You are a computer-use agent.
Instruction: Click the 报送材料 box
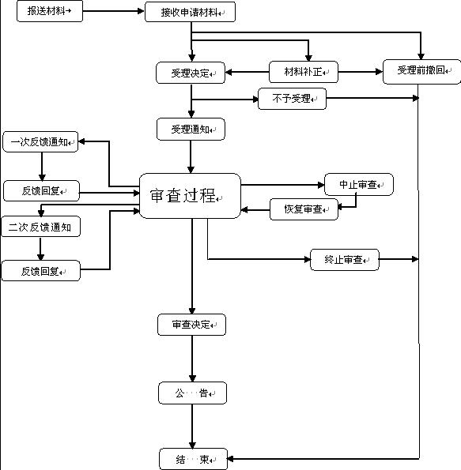tap(49, 12)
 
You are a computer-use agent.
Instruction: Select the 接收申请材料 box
tap(190, 13)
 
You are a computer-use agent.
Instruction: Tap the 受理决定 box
tap(191, 73)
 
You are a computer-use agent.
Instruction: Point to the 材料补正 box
tap(304, 73)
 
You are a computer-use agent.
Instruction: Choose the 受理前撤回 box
tap(421, 71)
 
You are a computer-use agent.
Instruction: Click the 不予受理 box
tap(292, 99)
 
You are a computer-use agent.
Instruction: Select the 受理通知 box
tap(191, 129)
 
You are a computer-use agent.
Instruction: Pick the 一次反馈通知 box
tap(40, 142)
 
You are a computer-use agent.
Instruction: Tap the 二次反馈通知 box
tap(40, 227)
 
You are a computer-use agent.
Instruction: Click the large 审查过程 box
tap(190, 196)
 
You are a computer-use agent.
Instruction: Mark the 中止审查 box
tap(359, 185)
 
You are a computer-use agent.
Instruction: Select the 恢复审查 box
tap(304, 209)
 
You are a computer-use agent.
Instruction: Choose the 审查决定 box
tap(191, 325)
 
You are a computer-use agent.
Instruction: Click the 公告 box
tap(192, 393)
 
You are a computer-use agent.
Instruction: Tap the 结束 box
tap(192, 458)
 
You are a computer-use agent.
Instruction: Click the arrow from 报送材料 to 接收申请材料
tap(114, 13)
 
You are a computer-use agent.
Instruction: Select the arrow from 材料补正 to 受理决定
tap(248, 73)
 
